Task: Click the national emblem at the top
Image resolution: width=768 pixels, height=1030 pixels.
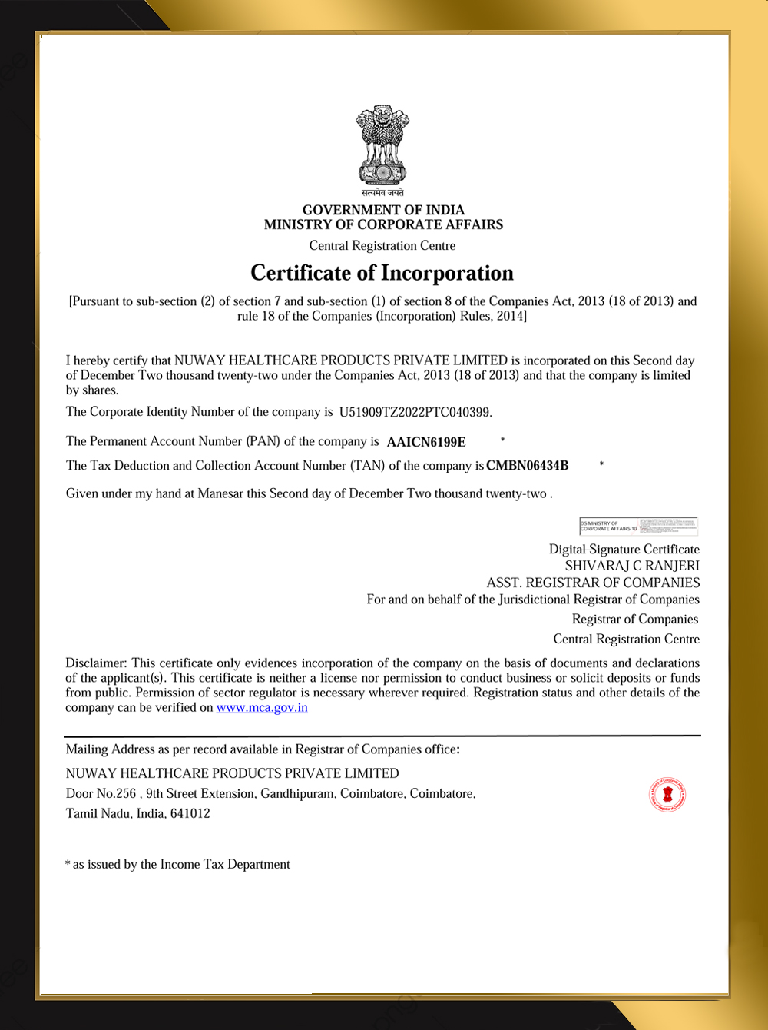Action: [382, 146]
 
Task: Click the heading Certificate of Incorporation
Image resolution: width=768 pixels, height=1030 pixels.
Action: [382, 273]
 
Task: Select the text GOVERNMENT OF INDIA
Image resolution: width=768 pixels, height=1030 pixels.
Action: [383, 210]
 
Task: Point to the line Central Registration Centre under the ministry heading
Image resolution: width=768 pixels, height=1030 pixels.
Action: [382, 246]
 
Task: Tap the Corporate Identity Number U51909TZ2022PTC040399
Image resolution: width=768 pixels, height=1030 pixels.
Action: [415, 412]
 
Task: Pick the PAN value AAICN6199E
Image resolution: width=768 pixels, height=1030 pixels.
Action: [426, 442]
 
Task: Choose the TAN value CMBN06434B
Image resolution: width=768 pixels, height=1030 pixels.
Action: [528, 466]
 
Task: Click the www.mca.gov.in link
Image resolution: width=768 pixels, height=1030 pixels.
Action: [262, 708]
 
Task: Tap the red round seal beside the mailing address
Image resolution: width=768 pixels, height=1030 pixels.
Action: [667, 795]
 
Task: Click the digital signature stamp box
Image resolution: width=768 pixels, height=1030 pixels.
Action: [638, 526]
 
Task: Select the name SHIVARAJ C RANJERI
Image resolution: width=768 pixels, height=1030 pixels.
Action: [632, 566]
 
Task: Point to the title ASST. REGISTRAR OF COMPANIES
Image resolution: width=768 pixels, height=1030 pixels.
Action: [593, 583]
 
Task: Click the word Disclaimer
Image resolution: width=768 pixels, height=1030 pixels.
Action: [95, 663]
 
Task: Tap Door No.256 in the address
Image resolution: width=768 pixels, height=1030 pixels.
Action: [101, 793]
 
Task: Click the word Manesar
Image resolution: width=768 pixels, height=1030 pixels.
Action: [220, 493]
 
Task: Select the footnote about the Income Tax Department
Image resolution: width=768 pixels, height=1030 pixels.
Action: [178, 865]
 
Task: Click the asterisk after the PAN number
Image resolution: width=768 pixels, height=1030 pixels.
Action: [502, 440]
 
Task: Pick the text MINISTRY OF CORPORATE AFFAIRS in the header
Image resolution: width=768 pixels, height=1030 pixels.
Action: [383, 224]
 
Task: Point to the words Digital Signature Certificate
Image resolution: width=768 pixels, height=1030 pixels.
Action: [624, 550]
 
